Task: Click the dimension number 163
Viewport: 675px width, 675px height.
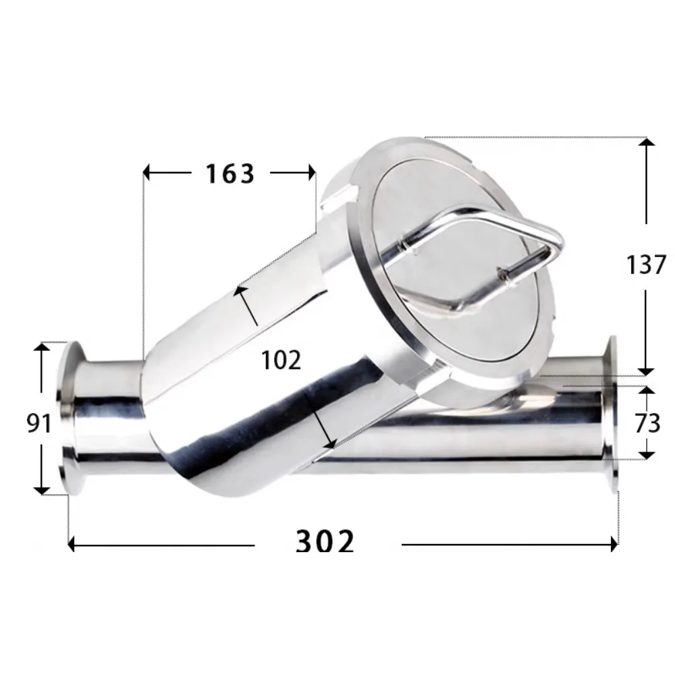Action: [x=230, y=173]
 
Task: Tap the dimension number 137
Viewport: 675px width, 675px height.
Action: [x=646, y=264]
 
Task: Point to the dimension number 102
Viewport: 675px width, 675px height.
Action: [x=281, y=361]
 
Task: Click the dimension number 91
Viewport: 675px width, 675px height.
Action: [x=39, y=423]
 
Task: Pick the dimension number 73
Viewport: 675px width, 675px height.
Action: [x=646, y=423]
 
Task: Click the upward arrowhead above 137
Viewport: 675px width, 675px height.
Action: [x=646, y=144]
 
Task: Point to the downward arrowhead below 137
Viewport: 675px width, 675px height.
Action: [x=646, y=369]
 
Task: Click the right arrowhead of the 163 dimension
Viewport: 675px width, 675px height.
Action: [x=311, y=173]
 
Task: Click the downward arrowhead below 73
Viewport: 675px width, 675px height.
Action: [x=646, y=454]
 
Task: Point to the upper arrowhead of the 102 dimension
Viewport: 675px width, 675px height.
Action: [x=238, y=291]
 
